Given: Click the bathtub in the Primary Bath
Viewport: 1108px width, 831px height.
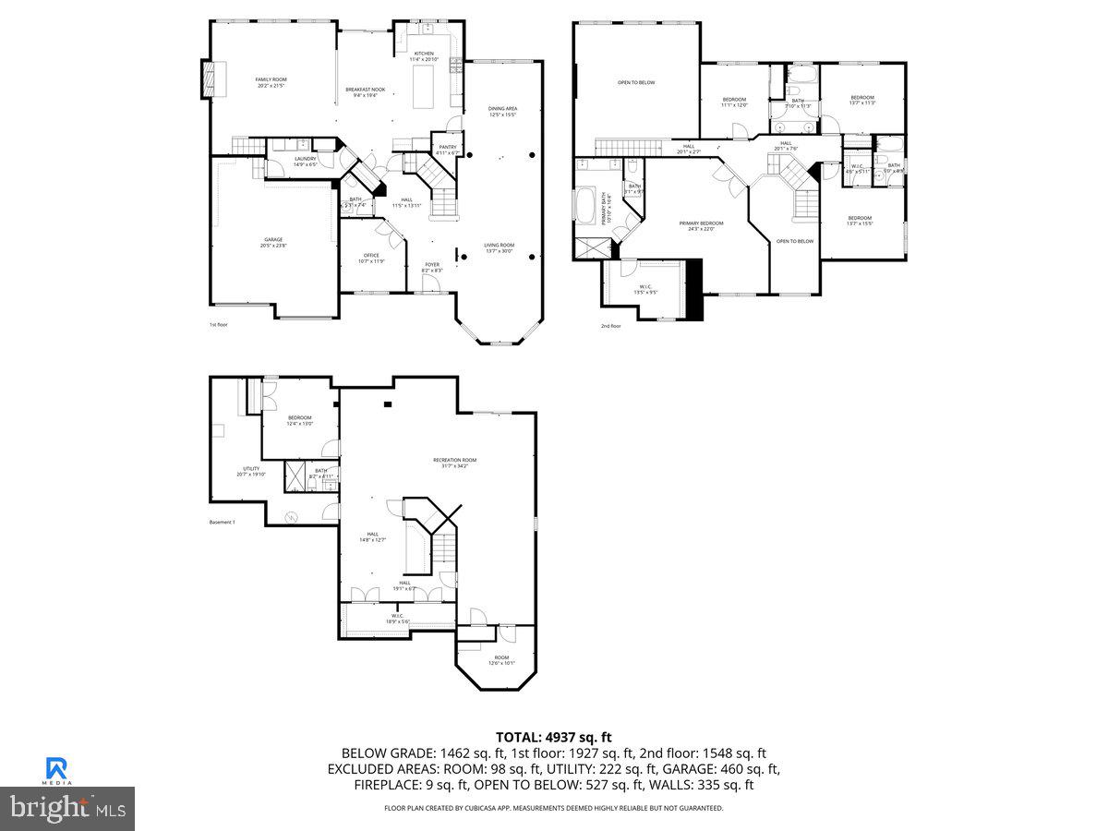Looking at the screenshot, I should tap(586, 205).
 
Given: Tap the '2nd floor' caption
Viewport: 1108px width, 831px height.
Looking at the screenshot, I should tap(610, 326).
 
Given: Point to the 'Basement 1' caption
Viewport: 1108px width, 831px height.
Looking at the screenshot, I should tap(223, 523).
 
